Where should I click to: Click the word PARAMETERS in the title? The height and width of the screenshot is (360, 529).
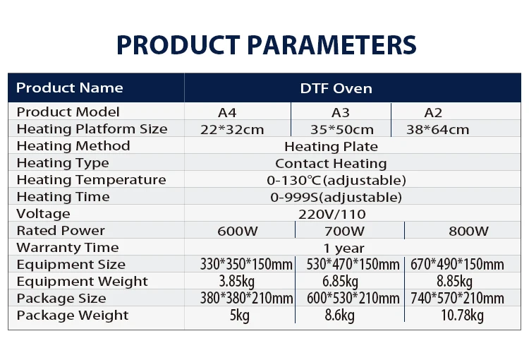[x=332, y=45]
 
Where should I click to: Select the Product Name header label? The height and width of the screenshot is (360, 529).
[x=70, y=88]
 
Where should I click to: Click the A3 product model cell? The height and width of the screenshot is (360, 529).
[x=341, y=112]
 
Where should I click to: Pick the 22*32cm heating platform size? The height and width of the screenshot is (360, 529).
[x=232, y=129]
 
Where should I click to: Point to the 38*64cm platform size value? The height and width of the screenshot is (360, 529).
[x=437, y=129]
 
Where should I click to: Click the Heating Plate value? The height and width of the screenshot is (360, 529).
[x=331, y=146]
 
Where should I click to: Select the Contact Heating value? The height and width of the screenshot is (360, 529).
[x=331, y=164]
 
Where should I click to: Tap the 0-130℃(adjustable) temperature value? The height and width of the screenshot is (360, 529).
[x=336, y=180]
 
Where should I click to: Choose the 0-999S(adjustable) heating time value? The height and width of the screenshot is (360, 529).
[x=336, y=197]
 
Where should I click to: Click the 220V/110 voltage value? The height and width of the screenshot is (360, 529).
[x=332, y=214]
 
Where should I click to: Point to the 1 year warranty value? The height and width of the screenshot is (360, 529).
[x=343, y=248]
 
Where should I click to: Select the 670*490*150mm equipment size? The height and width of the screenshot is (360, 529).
[x=457, y=264]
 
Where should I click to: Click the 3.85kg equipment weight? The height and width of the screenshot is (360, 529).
[x=237, y=282]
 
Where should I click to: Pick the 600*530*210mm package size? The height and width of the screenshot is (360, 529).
[x=353, y=298]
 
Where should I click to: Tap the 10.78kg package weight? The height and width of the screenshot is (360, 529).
[x=462, y=316]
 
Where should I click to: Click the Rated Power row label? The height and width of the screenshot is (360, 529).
[x=61, y=231]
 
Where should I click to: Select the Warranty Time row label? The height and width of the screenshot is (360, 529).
[x=68, y=248]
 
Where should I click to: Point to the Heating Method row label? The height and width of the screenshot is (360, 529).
[x=73, y=146]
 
